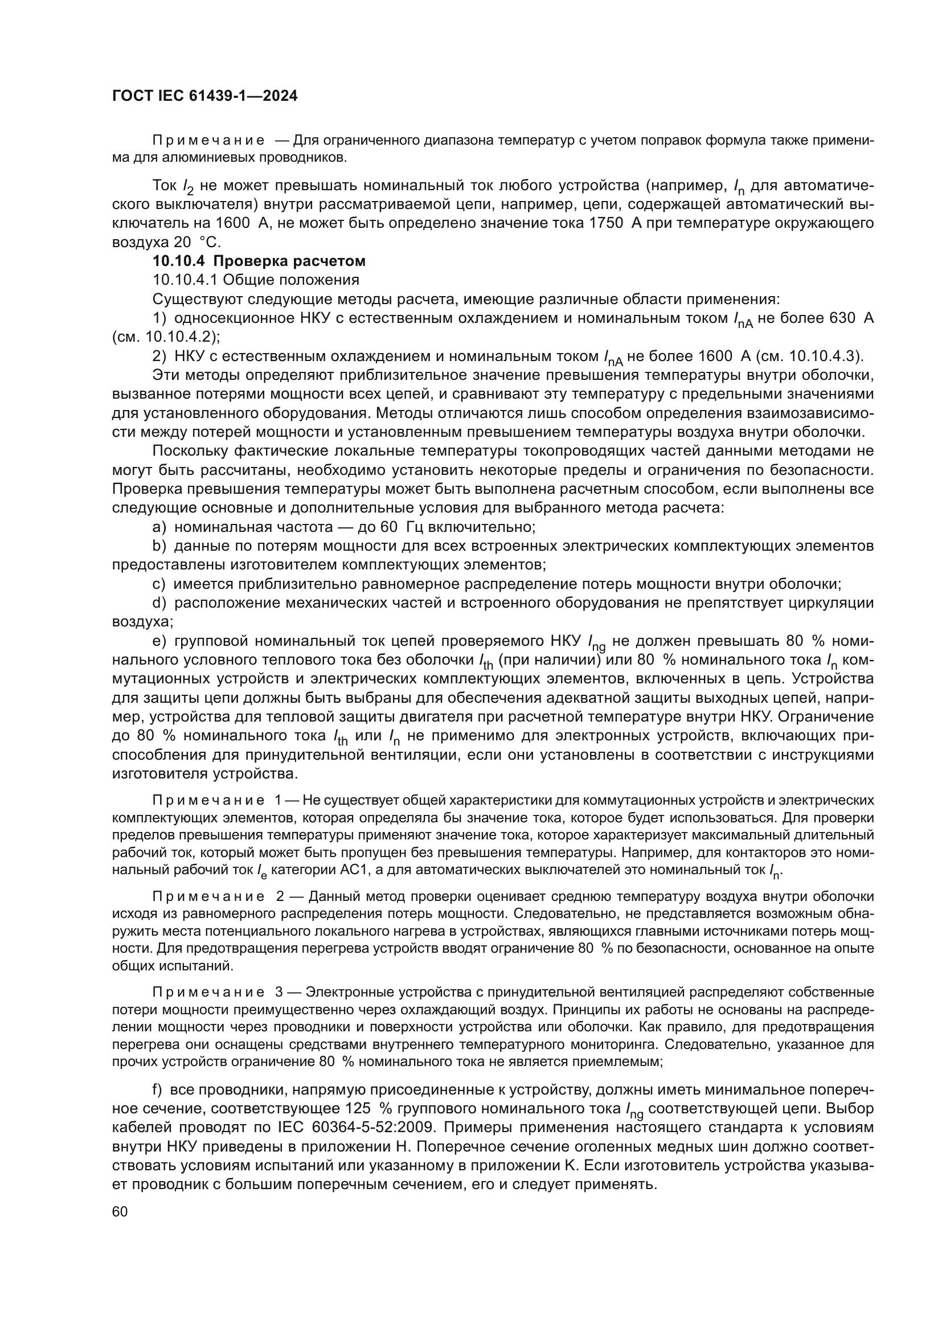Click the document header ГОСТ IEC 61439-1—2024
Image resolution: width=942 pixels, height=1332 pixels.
pyautogui.click(x=204, y=96)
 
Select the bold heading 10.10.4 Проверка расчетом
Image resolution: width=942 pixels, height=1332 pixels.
pyautogui.click(x=259, y=261)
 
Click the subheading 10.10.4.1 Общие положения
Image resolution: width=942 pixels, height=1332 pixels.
pyautogui.click(x=256, y=280)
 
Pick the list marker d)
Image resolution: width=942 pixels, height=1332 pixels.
pyautogui.click(x=159, y=603)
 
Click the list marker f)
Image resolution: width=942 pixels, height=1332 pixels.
pyautogui.click(x=157, y=1089)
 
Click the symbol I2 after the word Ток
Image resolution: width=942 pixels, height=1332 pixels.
pyautogui.click(x=187, y=187)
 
